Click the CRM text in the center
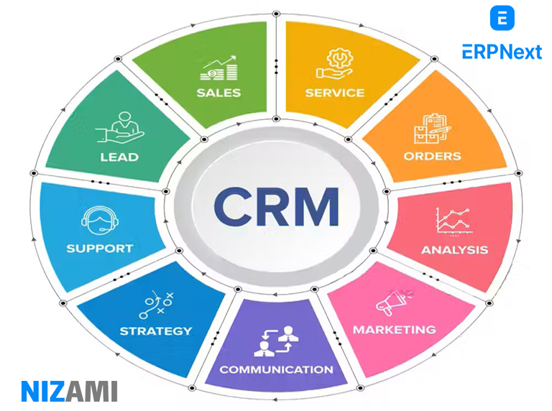coord(277,206)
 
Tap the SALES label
coord(218,93)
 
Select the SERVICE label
coord(334,93)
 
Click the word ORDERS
coord(432,155)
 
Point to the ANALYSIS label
coord(454,250)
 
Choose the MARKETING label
coord(394,330)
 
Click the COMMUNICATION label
coord(276,369)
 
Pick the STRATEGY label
coord(156,331)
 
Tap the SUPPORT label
coord(100,249)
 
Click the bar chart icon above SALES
coord(218,68)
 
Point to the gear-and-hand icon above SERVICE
coord(334,64)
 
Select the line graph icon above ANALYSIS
coord(454,221)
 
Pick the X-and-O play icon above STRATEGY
coord(156,305)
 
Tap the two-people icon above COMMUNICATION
coord(276,341)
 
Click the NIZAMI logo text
coord(69,391)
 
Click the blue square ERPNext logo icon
coord(502,18)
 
